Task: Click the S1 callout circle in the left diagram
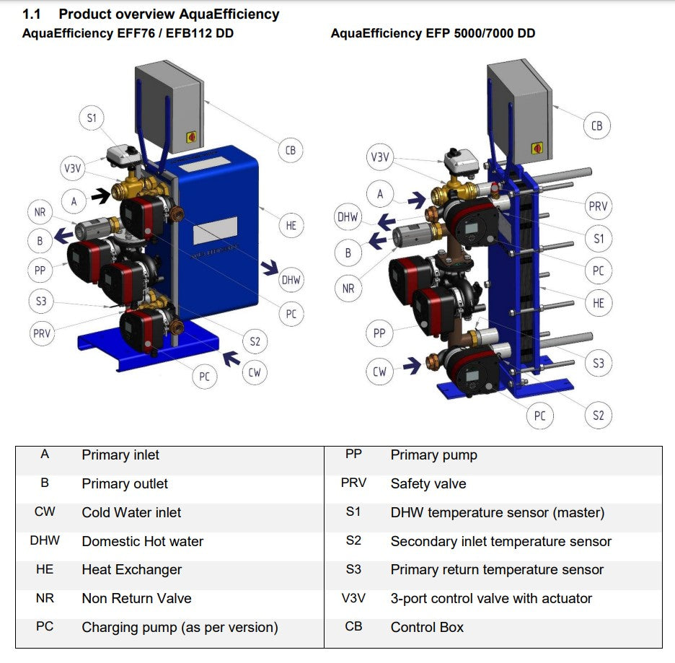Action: [92, 118]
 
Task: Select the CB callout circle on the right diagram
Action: [596, 126]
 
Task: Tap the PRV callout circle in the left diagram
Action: [42, 334]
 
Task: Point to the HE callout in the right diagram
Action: [599, 303]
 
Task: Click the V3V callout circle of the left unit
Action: [72, 169]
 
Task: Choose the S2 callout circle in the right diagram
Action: [599, 415]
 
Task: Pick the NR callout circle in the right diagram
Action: [348, 289]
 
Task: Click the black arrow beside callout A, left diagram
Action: [100, 194]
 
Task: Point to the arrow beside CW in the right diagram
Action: [412, 366]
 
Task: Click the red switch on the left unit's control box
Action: [192, 136]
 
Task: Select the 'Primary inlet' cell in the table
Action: [120, 455]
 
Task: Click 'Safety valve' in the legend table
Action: [428, 483]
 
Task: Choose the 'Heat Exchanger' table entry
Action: [131, 570]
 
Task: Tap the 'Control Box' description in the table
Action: [427, 627]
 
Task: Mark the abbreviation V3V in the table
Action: [353, 598]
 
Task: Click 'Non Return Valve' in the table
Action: [136, 598]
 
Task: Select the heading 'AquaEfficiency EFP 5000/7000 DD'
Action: [433, 33]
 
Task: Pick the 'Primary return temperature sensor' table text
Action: [497, 570]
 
